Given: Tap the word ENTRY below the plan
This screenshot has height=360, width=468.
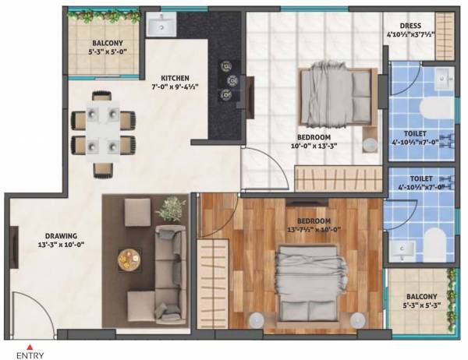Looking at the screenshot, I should click(30, 355).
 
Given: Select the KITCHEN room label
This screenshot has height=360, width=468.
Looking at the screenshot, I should click(175, 78).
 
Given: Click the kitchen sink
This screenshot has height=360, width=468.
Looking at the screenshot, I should click(161, 26).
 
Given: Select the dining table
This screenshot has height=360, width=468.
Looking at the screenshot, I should click(103, 132).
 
